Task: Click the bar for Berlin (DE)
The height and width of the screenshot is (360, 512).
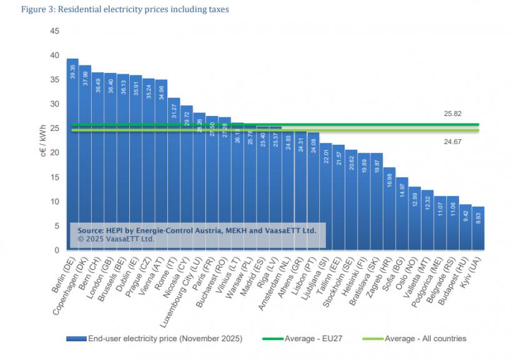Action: point(72,156)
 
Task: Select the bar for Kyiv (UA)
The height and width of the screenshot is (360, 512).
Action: point(478,228)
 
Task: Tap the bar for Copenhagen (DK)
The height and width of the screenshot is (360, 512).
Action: point(85,156)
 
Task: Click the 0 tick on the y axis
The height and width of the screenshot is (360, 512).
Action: point(57,250)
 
